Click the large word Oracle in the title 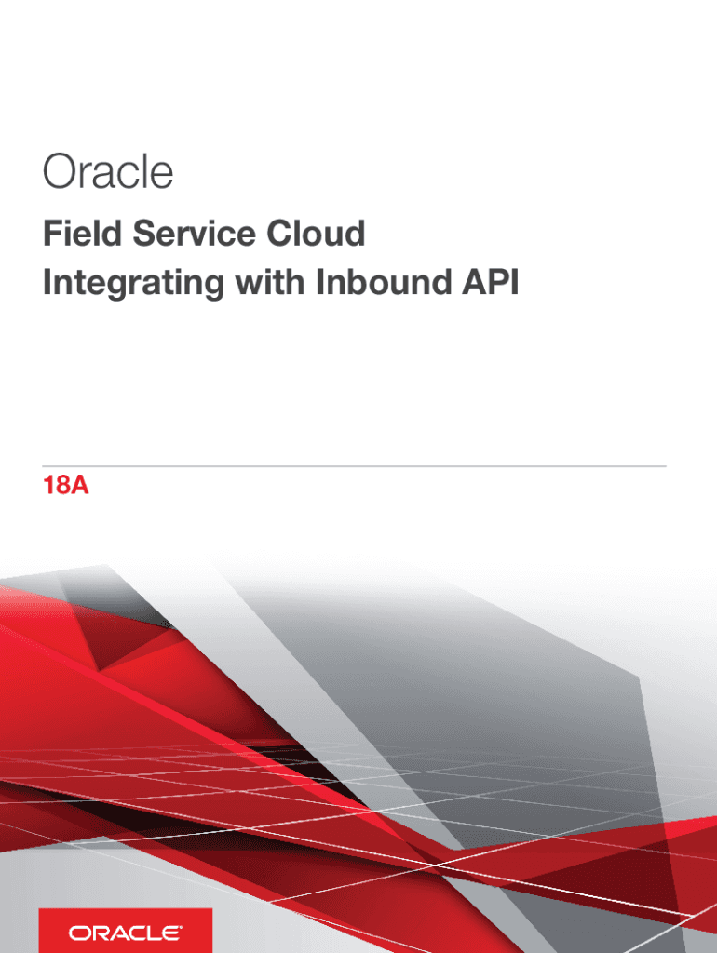pos(108,171)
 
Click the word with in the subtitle pos(270,282)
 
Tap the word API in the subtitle pos(490,282)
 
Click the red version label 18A pos(66,486)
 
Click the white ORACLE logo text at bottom pos(125,933)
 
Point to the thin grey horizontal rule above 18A pos(354,466)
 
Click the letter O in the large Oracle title pos(59,171)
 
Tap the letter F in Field pos(52,234)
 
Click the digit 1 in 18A pos(48,486)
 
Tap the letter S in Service pos(144,234)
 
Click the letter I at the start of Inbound pos(320,282)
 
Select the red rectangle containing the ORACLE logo pos(126,931)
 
